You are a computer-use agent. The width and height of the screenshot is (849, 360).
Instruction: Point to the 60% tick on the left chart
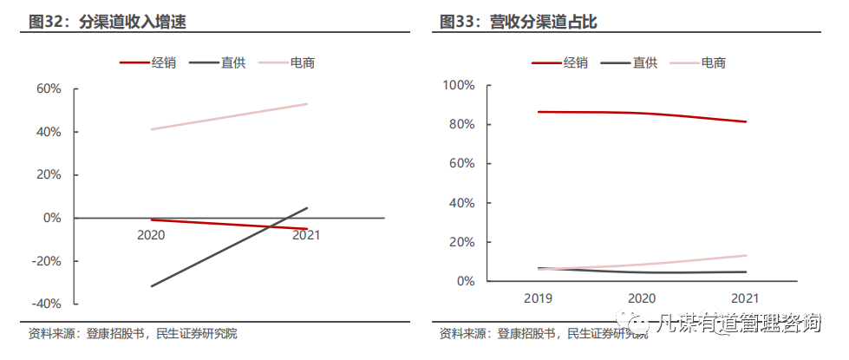(x=49, y=88)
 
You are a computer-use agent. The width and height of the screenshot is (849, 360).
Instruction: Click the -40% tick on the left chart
(x=47, y=304)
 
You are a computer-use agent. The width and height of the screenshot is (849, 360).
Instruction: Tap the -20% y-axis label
(x=47, y=261)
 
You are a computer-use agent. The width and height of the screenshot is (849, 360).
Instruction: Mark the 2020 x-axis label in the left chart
(x=151, y=235)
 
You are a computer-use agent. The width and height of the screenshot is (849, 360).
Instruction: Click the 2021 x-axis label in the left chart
(x=306, y=235)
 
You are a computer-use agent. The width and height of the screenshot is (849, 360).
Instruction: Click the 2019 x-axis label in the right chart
(x=539, y=298)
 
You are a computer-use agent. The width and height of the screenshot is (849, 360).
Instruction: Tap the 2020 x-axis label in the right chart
(x=643, y=298)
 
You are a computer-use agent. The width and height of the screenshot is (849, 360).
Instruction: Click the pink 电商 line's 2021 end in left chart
(x=307, y=104)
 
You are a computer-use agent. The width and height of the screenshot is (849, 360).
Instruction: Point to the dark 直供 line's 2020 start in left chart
(x=152, y=286)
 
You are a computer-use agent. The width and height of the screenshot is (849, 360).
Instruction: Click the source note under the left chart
(x=133, y=334)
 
